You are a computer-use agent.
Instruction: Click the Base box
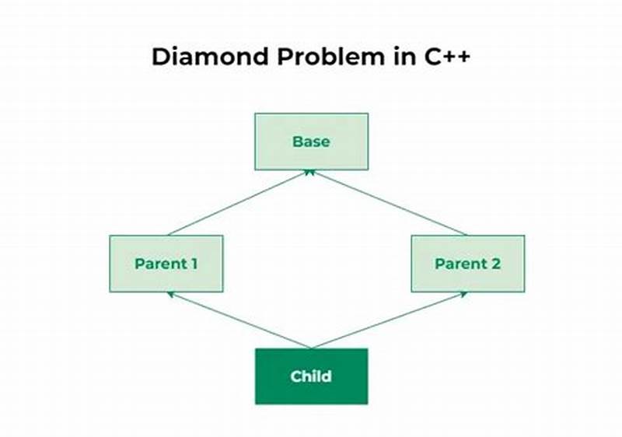pyautogui.click(x=311, y=142)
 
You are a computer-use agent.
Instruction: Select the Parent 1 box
pyautogui.click(x=166, y=264)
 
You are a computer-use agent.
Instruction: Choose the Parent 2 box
pyautogui.click(x=467, y=264)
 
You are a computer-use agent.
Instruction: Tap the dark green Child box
pyautogui.click(x=311, y=376)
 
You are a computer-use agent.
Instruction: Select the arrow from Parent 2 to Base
pyautogui.click(x=389, y=202)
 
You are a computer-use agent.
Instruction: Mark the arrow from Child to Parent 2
pyautogui.click(x=389, y=320)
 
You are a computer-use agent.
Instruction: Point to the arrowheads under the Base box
pyautogui.click(x=311, y=173)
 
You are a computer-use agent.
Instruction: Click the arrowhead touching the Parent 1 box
pyautogui.click(x=170, y=295)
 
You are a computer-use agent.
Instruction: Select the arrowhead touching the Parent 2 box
pyautogui.click(x=463, y=295)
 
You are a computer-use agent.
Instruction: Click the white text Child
pyautogui.click(x=311, y=376)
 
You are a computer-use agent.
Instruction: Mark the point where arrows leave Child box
pyautogui.click(x=311, y=348)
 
